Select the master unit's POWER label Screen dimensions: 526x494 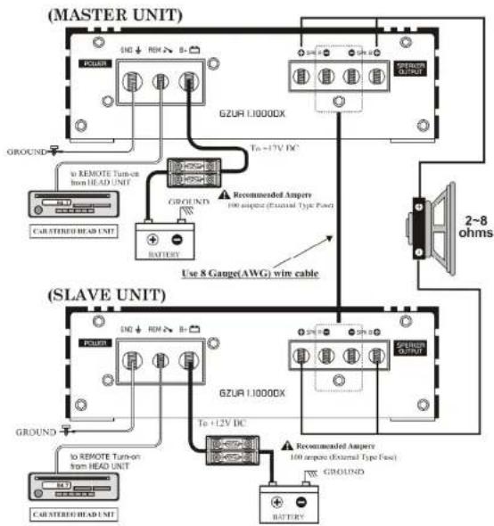pyautogui.click(x=95, y=63)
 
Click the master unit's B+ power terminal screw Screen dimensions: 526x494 pyautogui.click(x=188, y=83)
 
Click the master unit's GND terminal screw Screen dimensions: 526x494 pyautogui.click(x=131, y=83)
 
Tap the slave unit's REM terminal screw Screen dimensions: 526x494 pyautogui.click(x=161, y=362)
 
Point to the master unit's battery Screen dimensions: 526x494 pyautogui.click(x=163, y=239)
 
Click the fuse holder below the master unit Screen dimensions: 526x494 pyautogui.click(x=195, y=168)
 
